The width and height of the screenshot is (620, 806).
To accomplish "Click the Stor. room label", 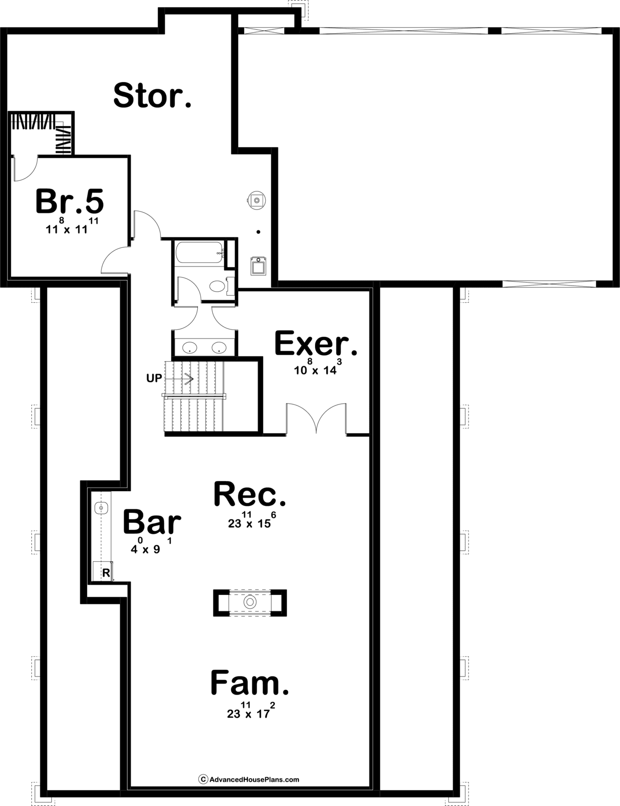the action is click(152, 95).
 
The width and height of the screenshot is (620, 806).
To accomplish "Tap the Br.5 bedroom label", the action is click(69, 201).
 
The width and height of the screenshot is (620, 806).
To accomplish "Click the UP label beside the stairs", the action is click(154, 378).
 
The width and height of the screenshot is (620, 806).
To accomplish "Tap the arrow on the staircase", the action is click(179, 379).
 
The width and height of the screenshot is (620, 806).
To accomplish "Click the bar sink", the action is click(101, 508).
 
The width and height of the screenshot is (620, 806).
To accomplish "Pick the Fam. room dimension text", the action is click(251, 710).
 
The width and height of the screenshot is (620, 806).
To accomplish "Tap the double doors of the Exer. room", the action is click(317, 419).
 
